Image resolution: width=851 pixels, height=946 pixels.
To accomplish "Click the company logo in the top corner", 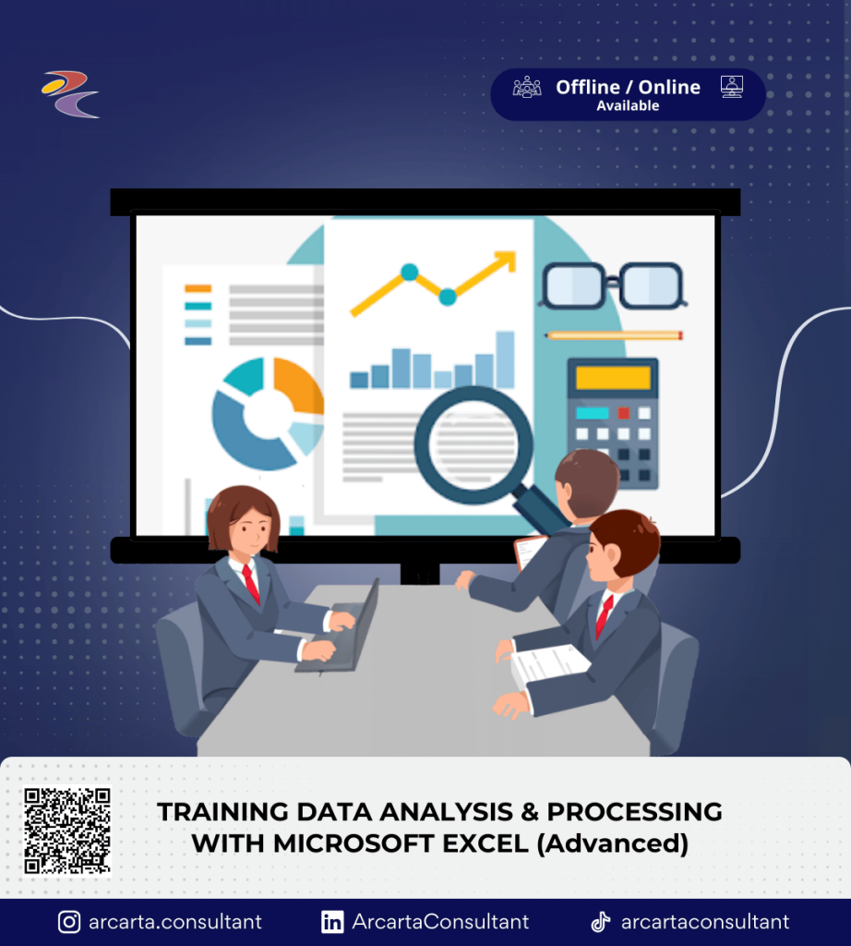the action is pyautogui.click(x=70, y=94).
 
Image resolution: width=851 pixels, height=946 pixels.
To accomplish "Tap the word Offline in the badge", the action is pyautogui.click(x=588, y=88).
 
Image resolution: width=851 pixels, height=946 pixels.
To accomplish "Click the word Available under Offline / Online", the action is pyautogui.click(x=628, y=105).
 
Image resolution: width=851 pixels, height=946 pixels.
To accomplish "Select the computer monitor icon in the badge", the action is pyautogui.click(x=732, y=87).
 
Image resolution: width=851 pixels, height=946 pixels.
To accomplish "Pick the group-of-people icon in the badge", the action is pyautogui.click(x=527, y=87).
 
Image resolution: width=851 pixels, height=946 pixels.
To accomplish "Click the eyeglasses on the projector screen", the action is pyautogui.click(x=613, y=285).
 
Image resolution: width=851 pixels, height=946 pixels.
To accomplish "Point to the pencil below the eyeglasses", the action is pyautogui.click(x=614, y=335).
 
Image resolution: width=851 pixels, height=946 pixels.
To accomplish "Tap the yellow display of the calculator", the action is pyautogui.click(x=613, y=378).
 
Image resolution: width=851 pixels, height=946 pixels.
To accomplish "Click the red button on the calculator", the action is pyautogui.click(x=623, y=413).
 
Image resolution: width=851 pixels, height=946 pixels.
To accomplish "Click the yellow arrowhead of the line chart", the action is pyautogui.click(x=505, y=261).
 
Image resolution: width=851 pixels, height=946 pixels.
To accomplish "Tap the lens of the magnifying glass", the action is pyautogui.click(x=475, y=444).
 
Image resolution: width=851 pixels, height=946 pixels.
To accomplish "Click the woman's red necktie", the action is pyautogui.click(x=251, y=584).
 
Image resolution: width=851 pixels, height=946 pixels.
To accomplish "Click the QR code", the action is pyautogui.click(x=67, y=831).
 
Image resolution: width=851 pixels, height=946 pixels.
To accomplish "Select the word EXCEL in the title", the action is pyautogui.click(x=485, y=843).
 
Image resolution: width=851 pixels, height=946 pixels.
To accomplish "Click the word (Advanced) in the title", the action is pyautogui.click(x=612, y=844).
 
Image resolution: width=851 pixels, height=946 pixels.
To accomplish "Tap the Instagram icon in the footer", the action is pyautogui.click(x=69, y=922).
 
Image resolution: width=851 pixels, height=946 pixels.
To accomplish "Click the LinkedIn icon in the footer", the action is pyautogui.click(x=332, y=922).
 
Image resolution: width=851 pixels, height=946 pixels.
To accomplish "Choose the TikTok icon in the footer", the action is pyautogui.click(x=600, y=922).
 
